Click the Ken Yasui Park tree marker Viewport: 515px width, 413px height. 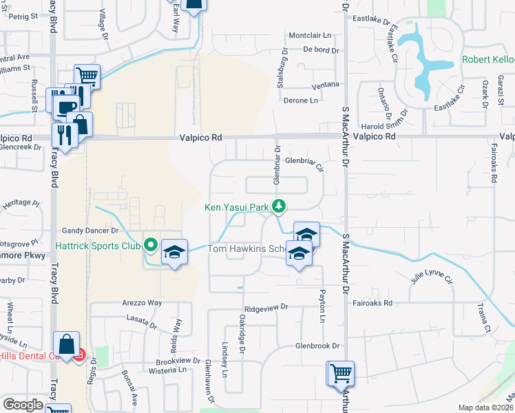tap(278, 206)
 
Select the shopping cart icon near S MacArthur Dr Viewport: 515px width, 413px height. tap(341, 374)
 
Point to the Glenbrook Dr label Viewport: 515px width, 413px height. tap(318, 346)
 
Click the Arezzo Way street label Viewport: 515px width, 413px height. tap(143, 303)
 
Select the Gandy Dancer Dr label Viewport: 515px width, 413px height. tap(91, 231)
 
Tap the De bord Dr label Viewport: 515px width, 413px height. tap(322, 50)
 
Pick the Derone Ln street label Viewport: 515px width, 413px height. tap(301, 100)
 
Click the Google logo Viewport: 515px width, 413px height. tap(23, 405)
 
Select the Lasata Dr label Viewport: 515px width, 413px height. tap(143, 319)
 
